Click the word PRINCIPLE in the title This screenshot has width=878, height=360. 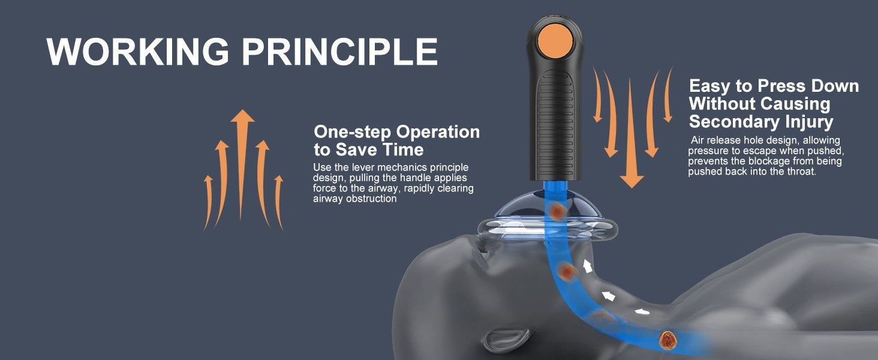(x=340, y=52)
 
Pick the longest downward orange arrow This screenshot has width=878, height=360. (x=631, y=133)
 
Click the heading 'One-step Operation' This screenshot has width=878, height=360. (x=396, y=132)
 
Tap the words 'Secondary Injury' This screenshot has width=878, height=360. (x=761, y=122)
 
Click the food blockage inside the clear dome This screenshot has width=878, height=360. (x=557, y=212)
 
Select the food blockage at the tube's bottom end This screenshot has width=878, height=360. (x=668, y=340)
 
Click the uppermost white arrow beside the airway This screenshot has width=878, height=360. (x=587, y=265)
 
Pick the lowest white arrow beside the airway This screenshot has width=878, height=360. (x=642, y=312)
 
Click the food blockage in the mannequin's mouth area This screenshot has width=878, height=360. (x=566, y=271)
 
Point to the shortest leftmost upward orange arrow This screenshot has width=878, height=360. (x=208, y=203)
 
